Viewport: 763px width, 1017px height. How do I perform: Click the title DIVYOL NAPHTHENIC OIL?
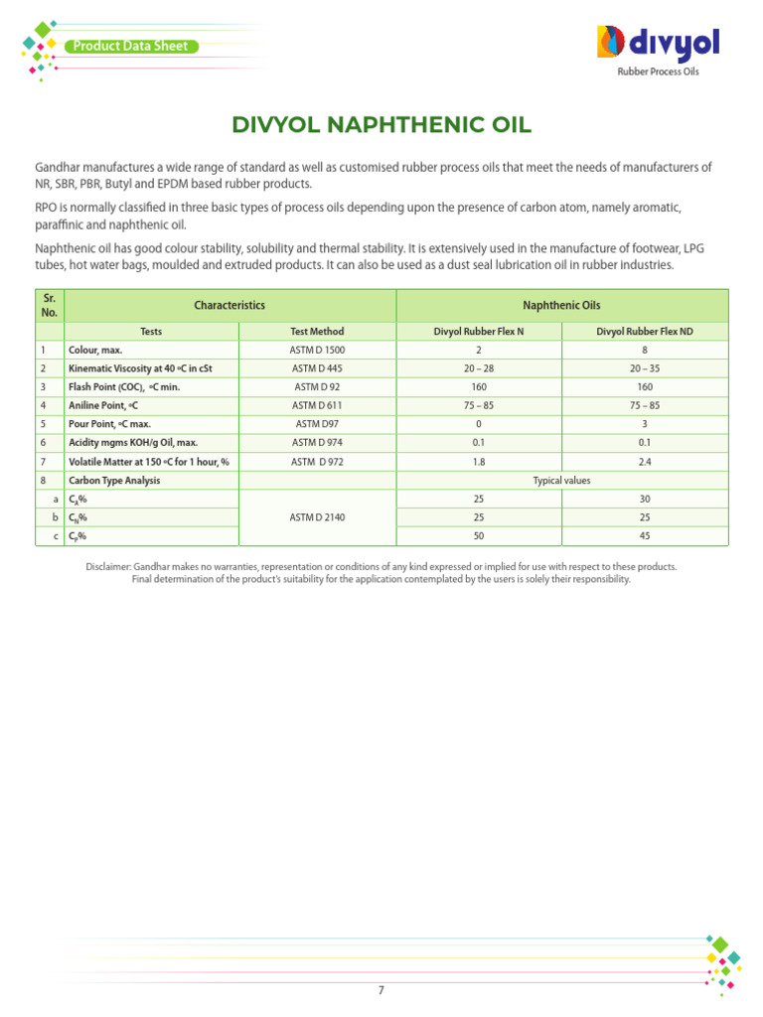pos(381,125)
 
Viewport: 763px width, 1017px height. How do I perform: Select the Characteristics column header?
pos(229,306)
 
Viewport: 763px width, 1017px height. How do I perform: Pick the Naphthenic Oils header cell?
pos(562,306)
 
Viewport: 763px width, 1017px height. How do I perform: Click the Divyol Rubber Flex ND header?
pos(645,332)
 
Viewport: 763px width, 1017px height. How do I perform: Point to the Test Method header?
pos(318,332)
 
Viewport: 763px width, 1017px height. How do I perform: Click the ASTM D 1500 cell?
pos(318,350)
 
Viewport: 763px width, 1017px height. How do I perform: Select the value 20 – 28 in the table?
pos(479,367)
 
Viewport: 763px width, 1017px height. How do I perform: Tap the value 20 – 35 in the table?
pos(645,367)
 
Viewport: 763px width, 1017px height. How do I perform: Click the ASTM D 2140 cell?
pos(318,517)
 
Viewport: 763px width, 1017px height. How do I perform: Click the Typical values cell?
pos(562,481)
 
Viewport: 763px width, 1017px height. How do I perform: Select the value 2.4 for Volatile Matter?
pos(645,462)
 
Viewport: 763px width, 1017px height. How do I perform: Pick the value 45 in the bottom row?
pos(645,536)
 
